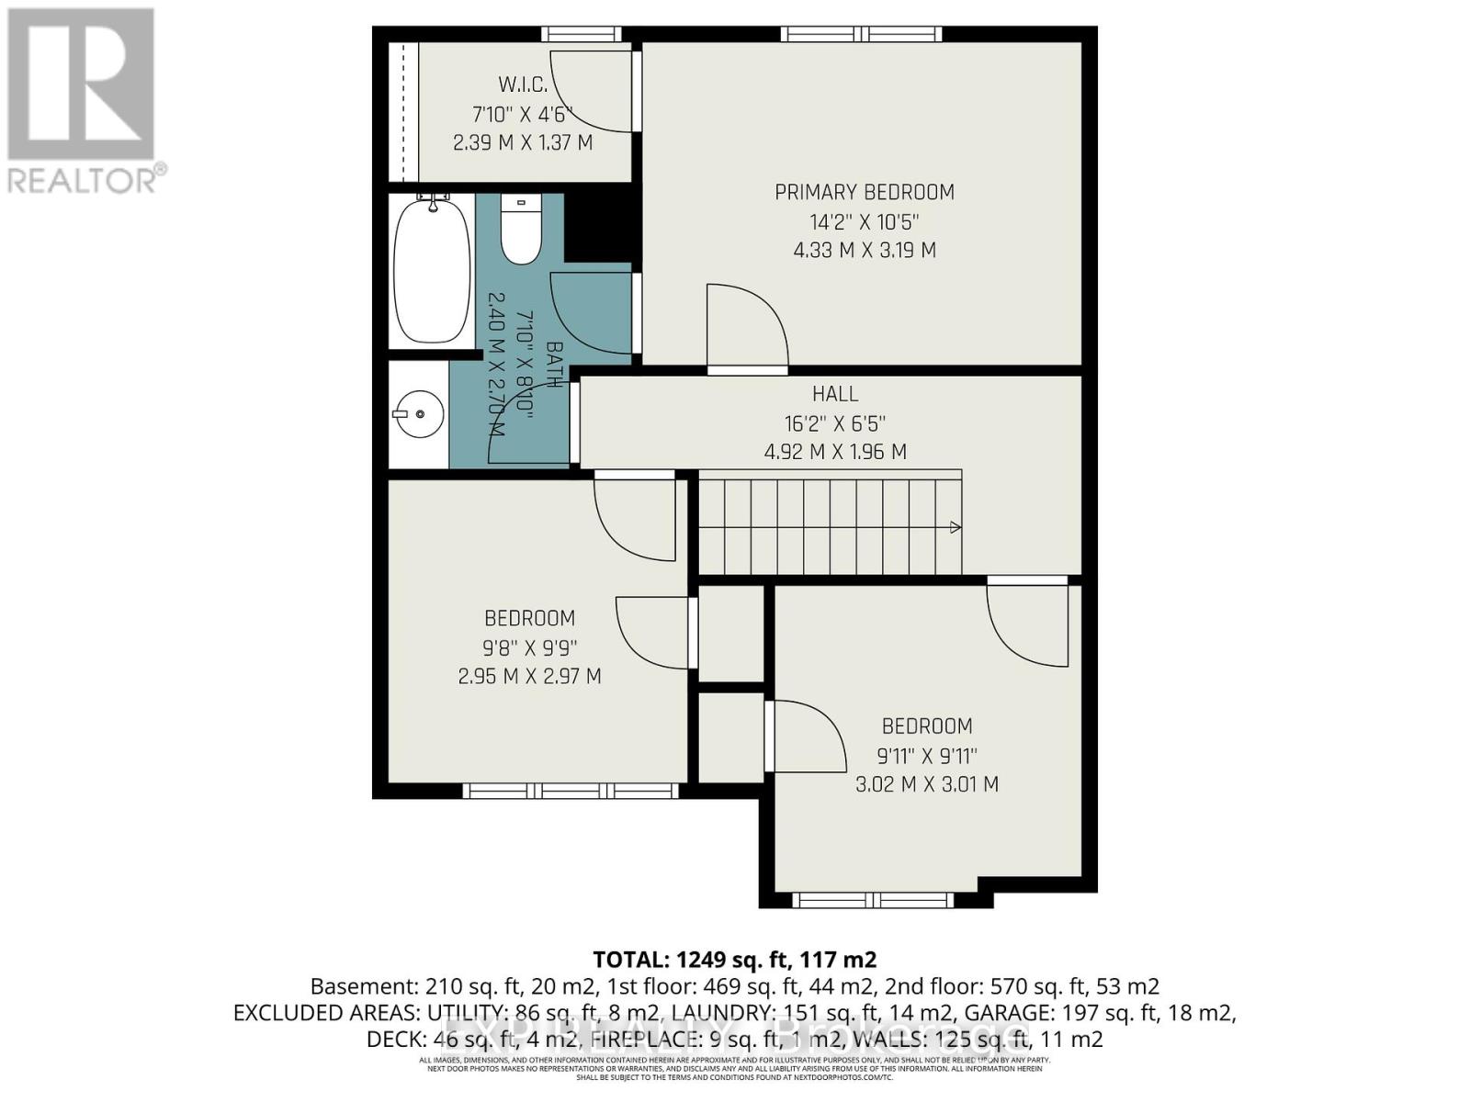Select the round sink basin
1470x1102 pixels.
click(x=420, y=414)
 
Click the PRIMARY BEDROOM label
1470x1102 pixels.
click(x=865, y=192)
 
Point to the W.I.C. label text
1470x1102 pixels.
click(x=523, y=85)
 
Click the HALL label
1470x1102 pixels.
click(x=835, y=394)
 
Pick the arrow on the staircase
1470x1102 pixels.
click(x=955, y=527)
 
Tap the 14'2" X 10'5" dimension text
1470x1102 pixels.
click(x=865, y=221)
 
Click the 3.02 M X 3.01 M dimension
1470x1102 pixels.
click(x=927, y=784)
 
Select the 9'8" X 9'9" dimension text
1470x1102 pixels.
click(x=530, y=647)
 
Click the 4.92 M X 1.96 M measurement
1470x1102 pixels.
click(x=835, y=452)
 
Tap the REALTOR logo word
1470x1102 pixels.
click(x=84, y=179)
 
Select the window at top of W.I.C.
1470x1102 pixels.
click(x=581, y=34)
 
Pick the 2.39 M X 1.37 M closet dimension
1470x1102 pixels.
click(x=523, y=143)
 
